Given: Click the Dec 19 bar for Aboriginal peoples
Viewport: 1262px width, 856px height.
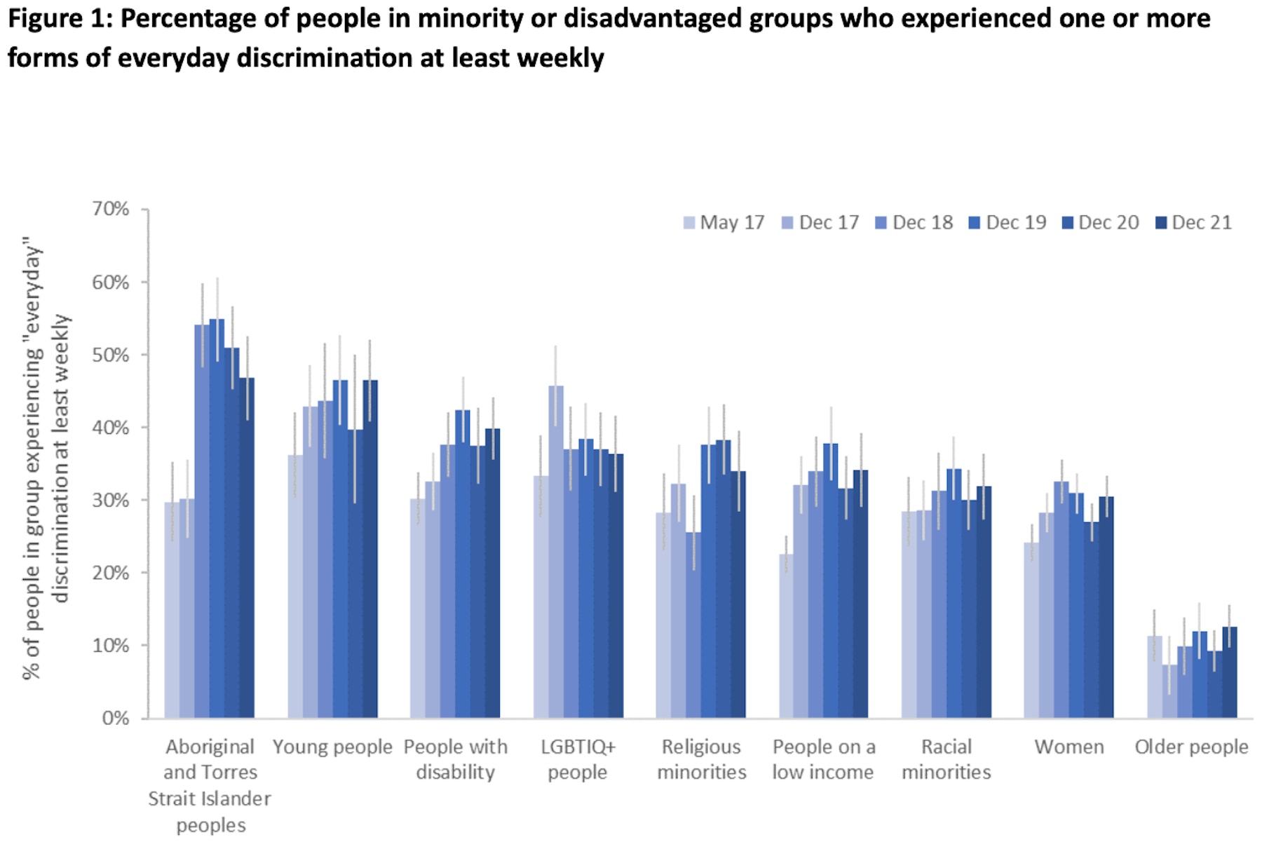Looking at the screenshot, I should coord(217,519).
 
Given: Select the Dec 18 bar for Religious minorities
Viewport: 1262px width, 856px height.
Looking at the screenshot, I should coord(693,624).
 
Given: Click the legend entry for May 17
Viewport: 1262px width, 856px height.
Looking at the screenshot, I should coord(724,223).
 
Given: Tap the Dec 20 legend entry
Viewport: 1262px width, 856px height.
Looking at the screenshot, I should coord(1100,223).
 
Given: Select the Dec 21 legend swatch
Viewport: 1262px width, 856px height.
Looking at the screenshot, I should coord(1161,223).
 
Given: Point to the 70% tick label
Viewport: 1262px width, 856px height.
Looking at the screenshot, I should coord(111,209).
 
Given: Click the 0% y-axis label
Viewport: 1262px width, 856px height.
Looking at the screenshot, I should coord(116,718).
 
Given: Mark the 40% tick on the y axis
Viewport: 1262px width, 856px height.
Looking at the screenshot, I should coord(111,428).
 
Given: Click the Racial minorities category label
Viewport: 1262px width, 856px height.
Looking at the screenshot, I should coord(946,759).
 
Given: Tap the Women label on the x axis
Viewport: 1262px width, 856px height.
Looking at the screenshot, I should coord(1069,747).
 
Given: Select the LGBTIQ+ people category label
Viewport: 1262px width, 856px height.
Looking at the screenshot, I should coord(578,759).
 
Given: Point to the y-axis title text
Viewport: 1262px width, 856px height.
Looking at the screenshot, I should coord(46,463).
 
